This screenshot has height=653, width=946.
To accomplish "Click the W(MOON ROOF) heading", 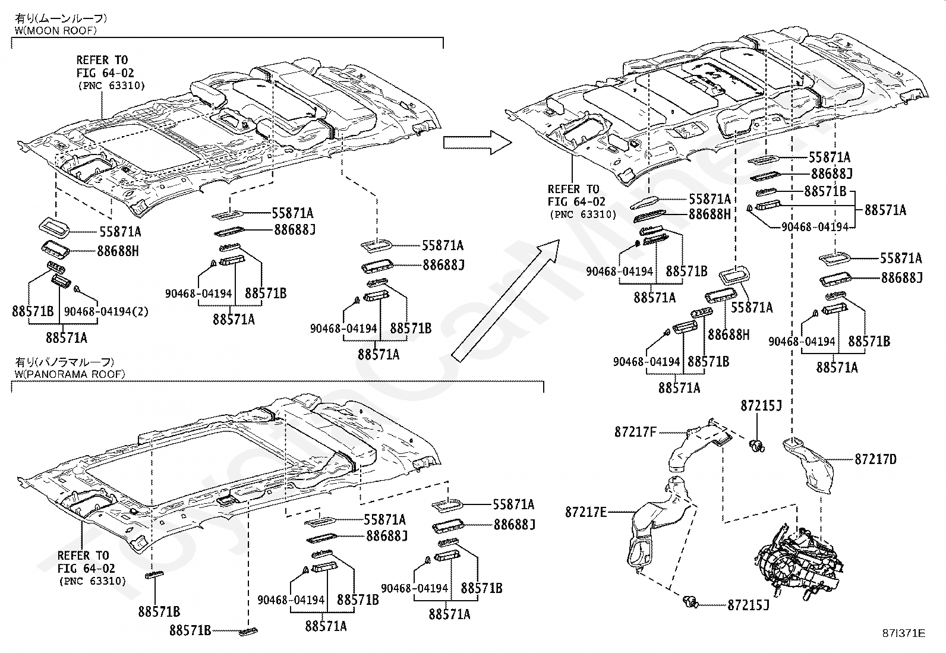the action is pyautogui.click(x=55, y=30).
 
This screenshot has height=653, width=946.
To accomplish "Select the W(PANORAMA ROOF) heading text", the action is pyautogui.click(x=70, y=374).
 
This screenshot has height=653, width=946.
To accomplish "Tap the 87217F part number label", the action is pyautogui.click(x=636, y=432).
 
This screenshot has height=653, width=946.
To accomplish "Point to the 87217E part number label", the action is pyautogui.click(x=586, y=512).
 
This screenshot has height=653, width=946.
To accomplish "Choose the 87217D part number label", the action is pyautogui.click(x=875, y=459).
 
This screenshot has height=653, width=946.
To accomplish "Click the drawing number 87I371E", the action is pyautogui.click(x=903, y=633).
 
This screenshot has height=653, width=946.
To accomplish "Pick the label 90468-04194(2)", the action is pyautogui.click(x=106, y=312).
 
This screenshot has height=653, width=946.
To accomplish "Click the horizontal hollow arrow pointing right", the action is pyautogui.click(x=477, y=143).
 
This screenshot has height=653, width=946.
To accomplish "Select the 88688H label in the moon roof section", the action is pyautogui.click(x=118, y=251).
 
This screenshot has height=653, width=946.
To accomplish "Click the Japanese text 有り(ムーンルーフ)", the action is pyautogui.click(x=61, y=18).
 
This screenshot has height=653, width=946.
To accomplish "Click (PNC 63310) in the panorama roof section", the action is pyautogui.click(x=93, y=581).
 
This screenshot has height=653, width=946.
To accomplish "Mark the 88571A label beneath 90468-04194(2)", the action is pyautogui.click(x=67, y=338).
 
